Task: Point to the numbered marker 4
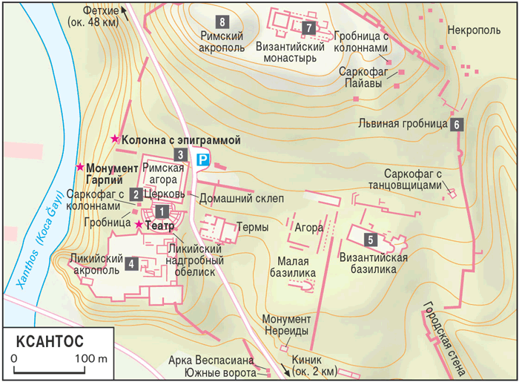(131, 263)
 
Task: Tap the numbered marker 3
(180, 155)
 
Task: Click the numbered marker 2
(136, 194)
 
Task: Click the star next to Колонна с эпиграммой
(114, 139)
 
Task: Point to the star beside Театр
(138, 224)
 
